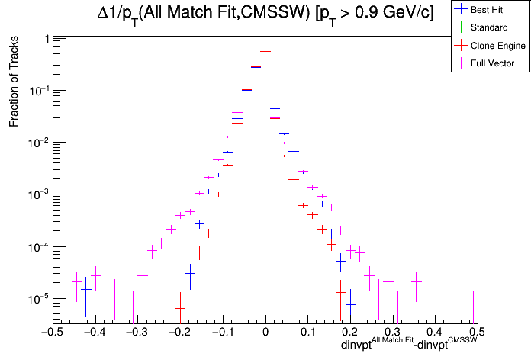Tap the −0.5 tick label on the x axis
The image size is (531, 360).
[x=51, y=333]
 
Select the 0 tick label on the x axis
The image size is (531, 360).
[x=265, y=333]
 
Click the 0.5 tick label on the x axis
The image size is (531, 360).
[x=475, y=333]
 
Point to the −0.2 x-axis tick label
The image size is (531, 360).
[x=179, y=333]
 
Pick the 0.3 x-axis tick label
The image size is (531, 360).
[x=391, y=333]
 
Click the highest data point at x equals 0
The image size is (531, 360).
[x=265, y=52]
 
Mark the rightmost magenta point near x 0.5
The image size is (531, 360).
[x=474, y=307]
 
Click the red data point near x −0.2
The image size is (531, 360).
[x=180, y=308]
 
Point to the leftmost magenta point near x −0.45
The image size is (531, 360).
[x=76, y=281]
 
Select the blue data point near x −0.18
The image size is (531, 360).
[x=190, y=273]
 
